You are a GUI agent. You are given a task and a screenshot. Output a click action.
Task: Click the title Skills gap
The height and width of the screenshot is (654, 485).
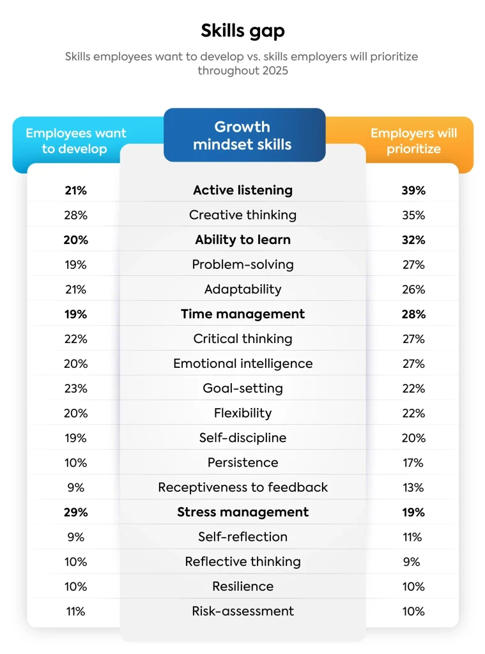242,31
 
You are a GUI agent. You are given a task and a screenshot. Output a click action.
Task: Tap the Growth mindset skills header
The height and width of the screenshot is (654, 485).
242,135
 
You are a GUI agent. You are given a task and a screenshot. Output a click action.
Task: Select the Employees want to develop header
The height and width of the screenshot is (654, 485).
76,141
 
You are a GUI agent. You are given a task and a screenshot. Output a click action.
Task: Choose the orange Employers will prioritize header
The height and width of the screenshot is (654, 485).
413,141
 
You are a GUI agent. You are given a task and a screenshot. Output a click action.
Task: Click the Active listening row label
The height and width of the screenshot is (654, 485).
242,190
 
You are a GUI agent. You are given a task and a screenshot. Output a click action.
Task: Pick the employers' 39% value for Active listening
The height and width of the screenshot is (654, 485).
413,190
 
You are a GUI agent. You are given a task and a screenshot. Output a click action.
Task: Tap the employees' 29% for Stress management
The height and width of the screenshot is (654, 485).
75,512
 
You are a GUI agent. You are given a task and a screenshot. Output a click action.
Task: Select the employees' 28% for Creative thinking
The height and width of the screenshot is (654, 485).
75,215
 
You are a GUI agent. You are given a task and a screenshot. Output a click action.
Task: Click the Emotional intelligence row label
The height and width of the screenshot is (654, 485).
242,363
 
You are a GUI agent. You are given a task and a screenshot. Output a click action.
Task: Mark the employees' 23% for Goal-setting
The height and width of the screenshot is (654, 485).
75,388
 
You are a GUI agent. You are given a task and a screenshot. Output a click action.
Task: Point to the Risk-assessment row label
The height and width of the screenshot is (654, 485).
242,611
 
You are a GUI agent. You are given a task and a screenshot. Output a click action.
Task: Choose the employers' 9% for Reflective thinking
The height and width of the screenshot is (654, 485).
413,562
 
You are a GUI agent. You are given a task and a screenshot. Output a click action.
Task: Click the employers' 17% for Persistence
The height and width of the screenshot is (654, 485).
413,462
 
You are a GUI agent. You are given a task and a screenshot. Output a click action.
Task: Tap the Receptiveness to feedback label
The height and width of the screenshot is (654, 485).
242,487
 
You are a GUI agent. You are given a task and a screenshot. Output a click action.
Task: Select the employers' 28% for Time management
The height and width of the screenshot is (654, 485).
413,314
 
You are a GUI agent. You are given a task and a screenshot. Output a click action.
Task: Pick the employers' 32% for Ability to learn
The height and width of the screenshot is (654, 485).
413,240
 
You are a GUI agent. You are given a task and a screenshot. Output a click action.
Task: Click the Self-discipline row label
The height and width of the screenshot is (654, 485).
242,438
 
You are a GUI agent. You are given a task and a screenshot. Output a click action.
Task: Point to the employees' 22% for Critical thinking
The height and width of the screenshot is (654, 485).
75,339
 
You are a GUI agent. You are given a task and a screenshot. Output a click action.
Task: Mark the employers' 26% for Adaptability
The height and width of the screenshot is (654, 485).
413,289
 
